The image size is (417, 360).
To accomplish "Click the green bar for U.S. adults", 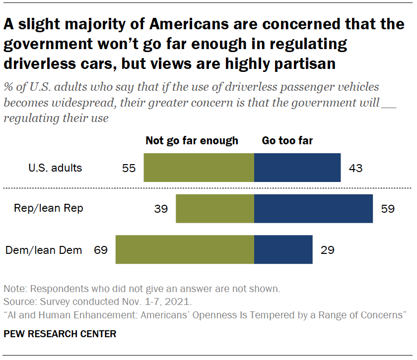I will tap(199, 168).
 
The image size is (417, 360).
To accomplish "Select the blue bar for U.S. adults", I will tap(297, 168).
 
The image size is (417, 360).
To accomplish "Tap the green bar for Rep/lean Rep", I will tap(215, 208).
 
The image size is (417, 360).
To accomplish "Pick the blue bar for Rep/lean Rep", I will tap(313, 208).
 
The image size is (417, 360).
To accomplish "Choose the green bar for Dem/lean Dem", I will tap(185, 249).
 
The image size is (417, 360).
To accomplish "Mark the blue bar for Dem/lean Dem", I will tap(283, 249).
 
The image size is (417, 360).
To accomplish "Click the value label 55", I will tap(129, 168).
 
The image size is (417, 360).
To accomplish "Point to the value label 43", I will tap(355, 168).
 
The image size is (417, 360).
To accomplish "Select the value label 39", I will tap(161, 209).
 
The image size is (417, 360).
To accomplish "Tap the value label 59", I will tap(388, 209).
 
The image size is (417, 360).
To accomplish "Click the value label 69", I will tap(101, 250).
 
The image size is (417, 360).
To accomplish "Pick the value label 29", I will tap(327, 250).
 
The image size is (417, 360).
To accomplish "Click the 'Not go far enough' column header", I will tap(192, 141).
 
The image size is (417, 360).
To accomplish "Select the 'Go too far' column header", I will tap(287, 141).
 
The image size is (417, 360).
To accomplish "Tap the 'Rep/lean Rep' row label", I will tap(49, 208).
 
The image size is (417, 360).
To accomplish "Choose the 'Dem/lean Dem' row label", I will tap(44, 250).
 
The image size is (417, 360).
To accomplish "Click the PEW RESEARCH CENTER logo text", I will tap(60, 334).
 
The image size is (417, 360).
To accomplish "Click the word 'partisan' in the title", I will tap(297, 64).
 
